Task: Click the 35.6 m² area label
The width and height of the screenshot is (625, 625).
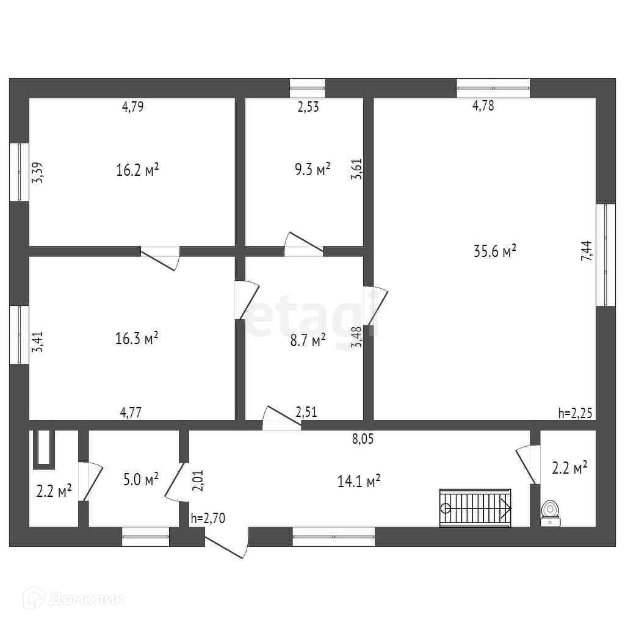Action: tap(495, 251)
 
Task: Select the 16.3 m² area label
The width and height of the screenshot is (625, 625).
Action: tap(137, 338)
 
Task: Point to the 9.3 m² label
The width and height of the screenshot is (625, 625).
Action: tap(312, 169)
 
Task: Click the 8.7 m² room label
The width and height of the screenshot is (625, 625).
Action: tap(308, 341)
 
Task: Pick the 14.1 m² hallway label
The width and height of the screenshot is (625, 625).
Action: tap(359, 481)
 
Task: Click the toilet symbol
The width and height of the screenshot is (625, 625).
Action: tap(551, 511)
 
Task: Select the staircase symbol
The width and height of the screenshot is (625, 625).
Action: tap(475, 507)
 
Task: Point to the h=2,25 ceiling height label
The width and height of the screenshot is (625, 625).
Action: tap(575, 413)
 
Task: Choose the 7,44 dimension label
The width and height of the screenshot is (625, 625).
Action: tap(586, 251)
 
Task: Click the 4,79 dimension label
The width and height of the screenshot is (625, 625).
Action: tap(132, 107)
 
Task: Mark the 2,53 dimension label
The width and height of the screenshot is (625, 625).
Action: tap(308, 107)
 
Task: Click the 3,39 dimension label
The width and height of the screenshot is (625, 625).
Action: tap(38, 172)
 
